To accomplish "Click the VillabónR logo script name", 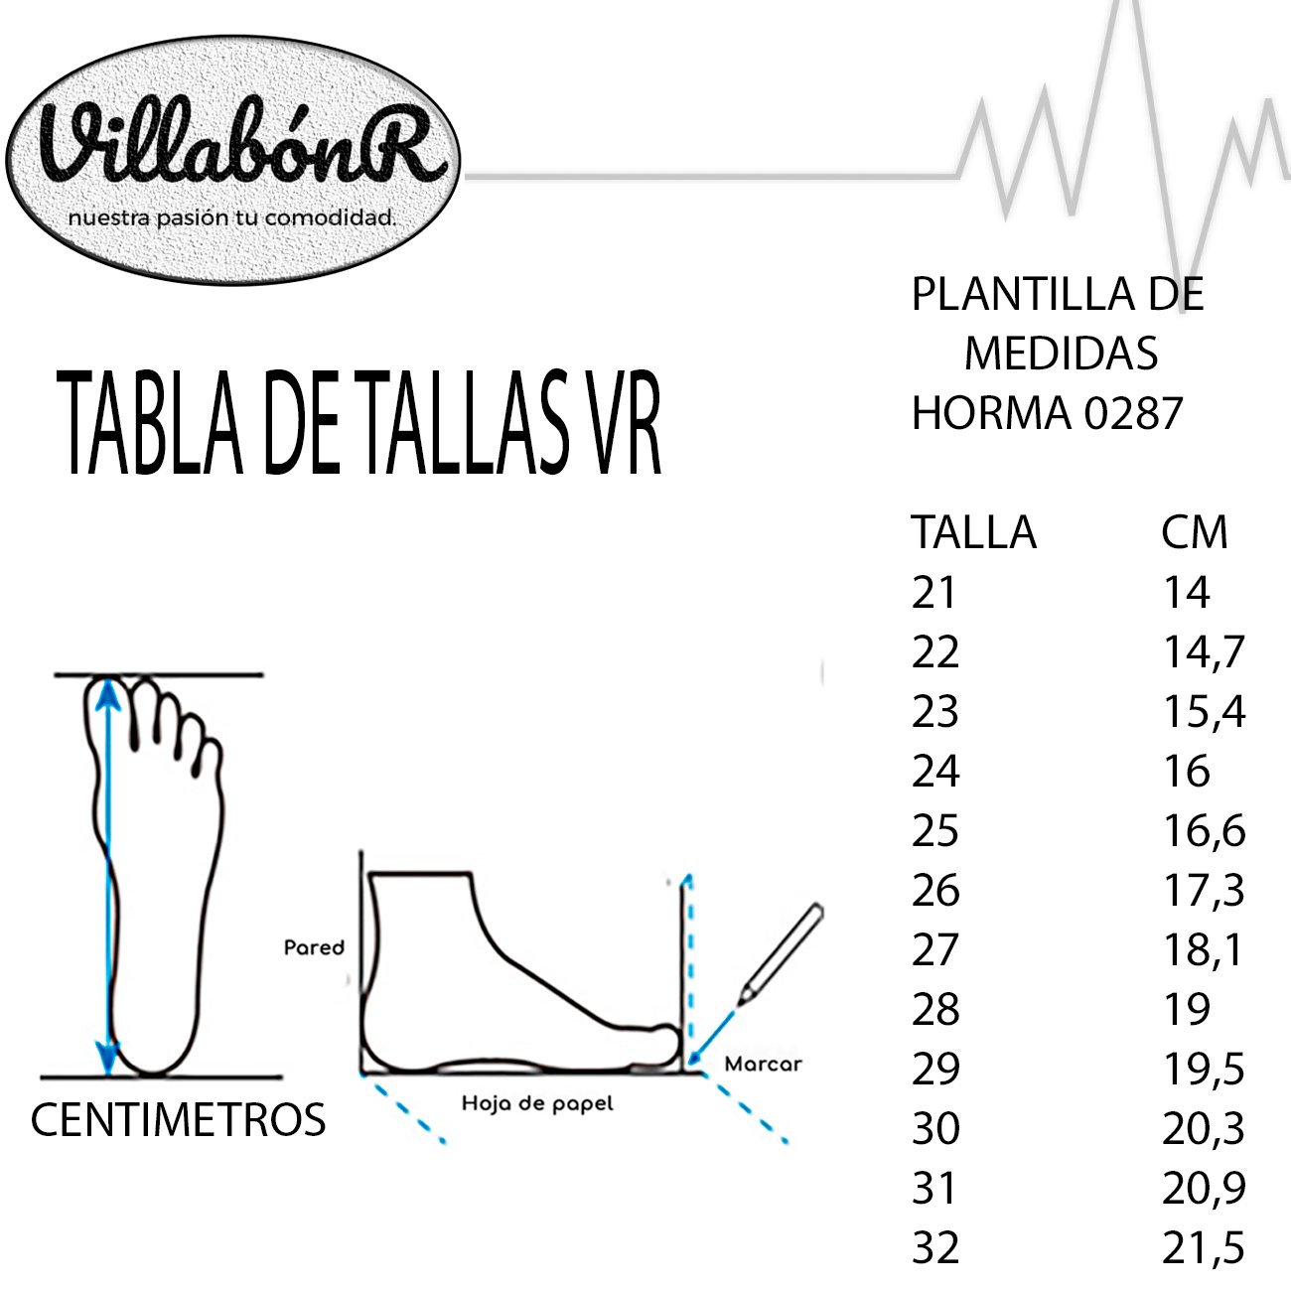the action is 243,144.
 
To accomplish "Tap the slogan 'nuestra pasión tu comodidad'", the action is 232,217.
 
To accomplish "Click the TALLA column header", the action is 973,532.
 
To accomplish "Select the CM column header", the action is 1195,532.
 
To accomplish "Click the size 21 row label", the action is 933,592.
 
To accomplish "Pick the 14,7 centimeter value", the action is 1204,651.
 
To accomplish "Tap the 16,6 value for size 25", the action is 1204,831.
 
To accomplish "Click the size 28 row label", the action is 935,1010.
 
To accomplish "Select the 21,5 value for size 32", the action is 1204,1248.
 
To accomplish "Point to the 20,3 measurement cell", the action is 1204,1129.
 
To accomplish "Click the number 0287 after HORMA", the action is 1133,413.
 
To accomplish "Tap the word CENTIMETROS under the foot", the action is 178,1119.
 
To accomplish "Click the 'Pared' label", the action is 314,947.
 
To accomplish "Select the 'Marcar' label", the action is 763,1064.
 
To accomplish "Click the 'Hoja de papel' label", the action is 537,1103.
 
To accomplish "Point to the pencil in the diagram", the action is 782,953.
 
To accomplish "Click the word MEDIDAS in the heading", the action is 1062,354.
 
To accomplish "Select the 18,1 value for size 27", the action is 1204,950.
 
